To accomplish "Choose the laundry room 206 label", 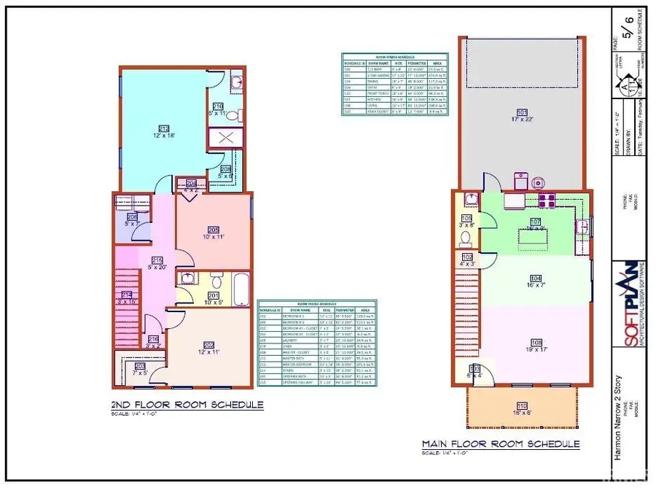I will (133, 217).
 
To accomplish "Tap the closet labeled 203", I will (140, 367).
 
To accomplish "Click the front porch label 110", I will (521, 405).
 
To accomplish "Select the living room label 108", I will (536, 342).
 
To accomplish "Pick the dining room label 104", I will (536, 279).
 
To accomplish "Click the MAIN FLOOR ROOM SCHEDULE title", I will (501, 443).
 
